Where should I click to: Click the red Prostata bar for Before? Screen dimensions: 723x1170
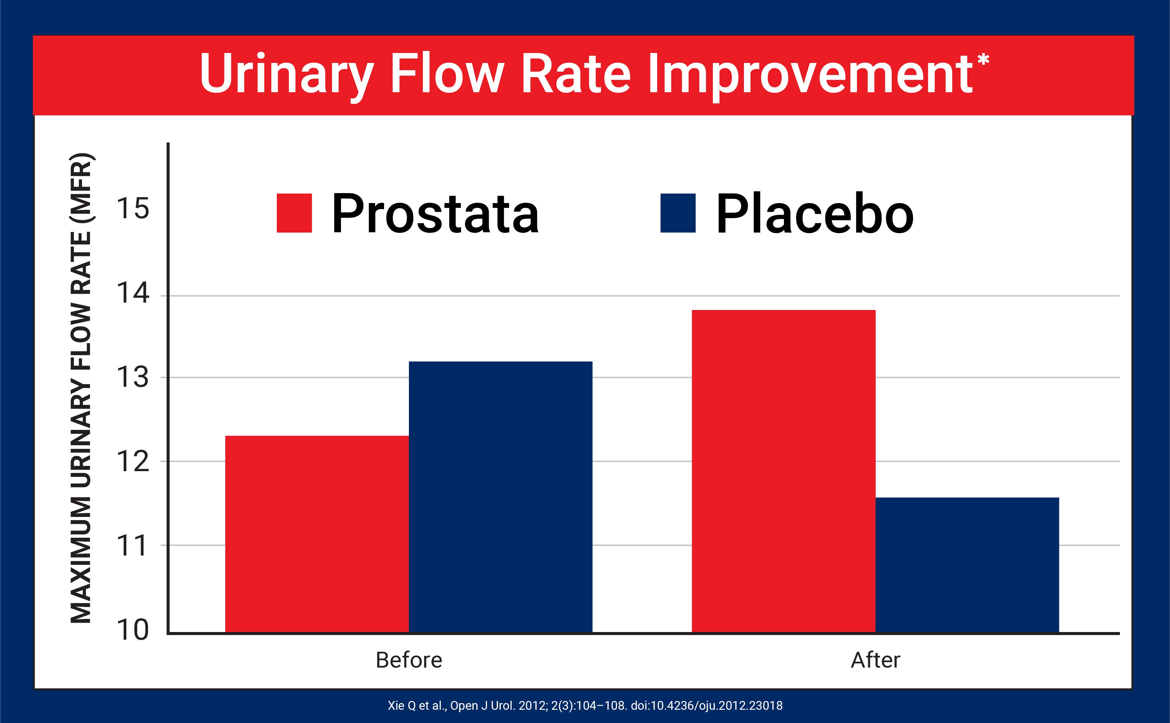(317, 534)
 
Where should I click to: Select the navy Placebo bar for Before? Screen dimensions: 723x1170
(501, 497)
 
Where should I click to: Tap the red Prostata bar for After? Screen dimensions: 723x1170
(783, 471)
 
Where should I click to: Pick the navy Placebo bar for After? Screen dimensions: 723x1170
(967, 565)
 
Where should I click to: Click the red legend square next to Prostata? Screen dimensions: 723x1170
(294, 213)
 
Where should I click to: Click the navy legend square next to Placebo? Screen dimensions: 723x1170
(678, 213)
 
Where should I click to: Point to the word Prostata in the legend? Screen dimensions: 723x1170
(435, 214)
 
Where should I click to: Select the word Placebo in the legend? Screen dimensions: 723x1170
(814, 214)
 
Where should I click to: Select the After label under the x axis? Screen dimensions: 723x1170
(875, 660)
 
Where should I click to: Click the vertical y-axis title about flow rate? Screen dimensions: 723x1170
(81, 387)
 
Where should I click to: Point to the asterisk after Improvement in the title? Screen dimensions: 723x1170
(983, 61)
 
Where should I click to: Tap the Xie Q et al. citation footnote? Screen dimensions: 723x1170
(585, 705)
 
